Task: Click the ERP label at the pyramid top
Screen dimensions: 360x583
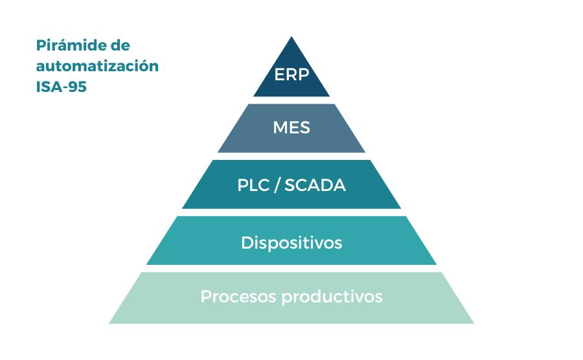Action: [x=291, y=74]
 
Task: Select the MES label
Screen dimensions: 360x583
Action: [x=291, y=128]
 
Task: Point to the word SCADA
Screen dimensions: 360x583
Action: [x=315, y=186]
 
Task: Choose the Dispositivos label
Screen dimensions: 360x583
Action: [x=291, y=243]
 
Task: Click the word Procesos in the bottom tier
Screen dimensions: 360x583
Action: [x=230, y=297]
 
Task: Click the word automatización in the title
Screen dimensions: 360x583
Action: [x=97, y=67]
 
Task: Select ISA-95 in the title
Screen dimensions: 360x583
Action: [x=62, y=87]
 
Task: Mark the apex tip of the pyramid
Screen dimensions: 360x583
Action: [x=291, y=38]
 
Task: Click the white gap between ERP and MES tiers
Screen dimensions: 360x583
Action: [x=291, y=100]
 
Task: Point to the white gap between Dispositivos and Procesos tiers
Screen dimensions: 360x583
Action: [x=291, y=269]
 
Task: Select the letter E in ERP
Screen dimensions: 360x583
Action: [x=279, y=74]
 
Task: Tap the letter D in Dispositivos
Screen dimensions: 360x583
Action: [x=246, y=243]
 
